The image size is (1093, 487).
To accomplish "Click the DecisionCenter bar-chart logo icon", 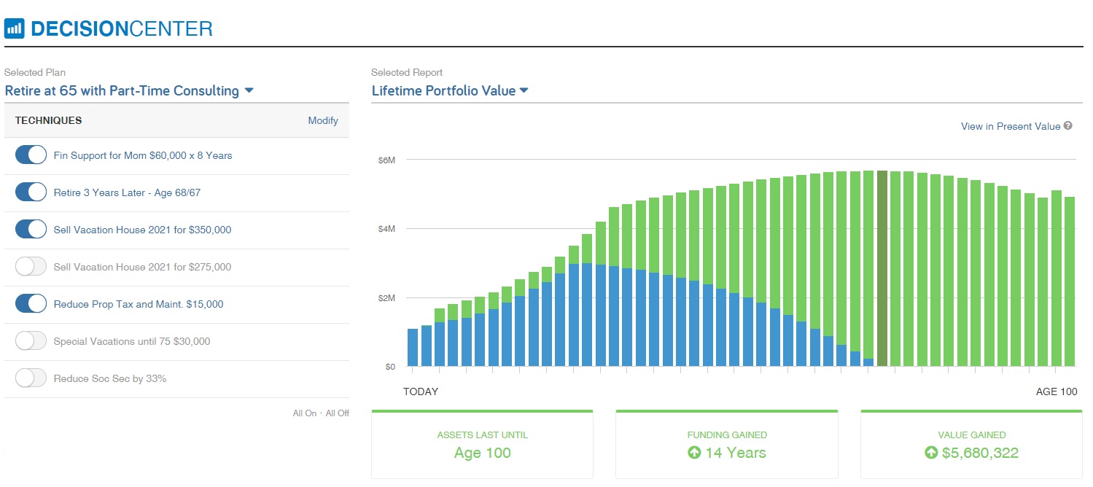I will [x=15, y=29].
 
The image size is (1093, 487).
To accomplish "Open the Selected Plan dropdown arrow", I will [x=249, y=91].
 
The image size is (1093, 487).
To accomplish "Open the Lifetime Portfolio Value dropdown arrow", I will [x=524, y=91].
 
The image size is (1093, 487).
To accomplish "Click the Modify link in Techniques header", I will [x=323, y=121].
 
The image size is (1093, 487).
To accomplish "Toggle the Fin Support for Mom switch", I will [x=31, y=155].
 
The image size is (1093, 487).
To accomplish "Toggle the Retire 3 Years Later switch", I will [x=31, y=192].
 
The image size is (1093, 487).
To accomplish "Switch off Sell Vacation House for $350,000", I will [x=31, y=230].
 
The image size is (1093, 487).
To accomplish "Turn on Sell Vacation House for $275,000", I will [x=31, y=267].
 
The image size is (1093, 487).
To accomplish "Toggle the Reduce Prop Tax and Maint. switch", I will [x=31, y=304].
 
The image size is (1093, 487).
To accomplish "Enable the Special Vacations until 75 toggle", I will [x=31, y=341].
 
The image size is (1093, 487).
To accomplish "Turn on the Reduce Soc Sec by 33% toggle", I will [x=31, y=378].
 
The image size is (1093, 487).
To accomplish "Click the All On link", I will [x=305, y=413].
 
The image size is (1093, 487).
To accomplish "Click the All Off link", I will [x=338, y=413].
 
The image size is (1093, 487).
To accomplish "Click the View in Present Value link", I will [x=1010, y=127].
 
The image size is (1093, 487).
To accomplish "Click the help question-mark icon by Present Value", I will [x=1068, y=126].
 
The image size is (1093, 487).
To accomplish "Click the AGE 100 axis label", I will [x=1056, y=392].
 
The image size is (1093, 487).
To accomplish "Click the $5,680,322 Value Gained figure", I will [x=973, y=453].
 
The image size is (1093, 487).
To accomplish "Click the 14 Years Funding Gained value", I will [x=727, y=453].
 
